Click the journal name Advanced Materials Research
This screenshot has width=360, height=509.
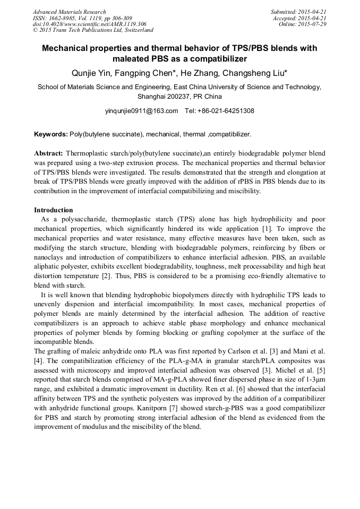69,12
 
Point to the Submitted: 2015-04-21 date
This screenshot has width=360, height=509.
299,12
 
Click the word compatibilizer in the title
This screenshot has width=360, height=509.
218,58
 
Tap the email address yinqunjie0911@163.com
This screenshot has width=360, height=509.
142,111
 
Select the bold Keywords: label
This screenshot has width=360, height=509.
51,135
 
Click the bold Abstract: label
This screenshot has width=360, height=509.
49,153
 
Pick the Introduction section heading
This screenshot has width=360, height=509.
53,210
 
